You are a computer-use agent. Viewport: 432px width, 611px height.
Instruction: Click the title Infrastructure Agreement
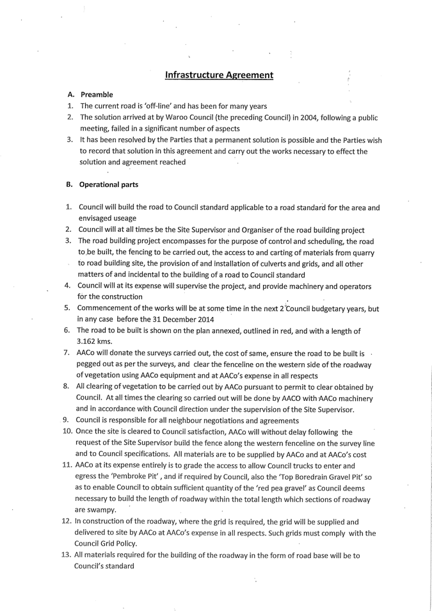pos(219,75)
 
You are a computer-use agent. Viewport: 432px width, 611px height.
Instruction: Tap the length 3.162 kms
pos(95,342)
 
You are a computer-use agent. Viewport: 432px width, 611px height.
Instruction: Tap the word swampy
pos(103,510)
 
